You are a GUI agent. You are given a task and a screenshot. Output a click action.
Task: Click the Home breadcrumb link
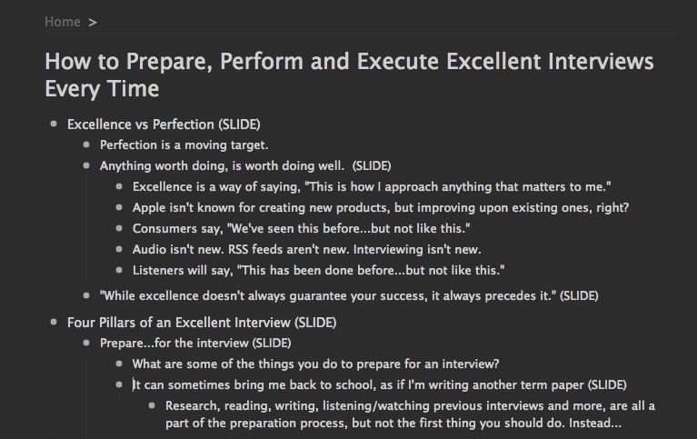tap(62, 22)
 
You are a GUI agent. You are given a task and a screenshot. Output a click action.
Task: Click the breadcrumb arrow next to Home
tap(93, 22)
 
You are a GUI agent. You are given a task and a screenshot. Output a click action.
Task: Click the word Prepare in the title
tap(168, 62)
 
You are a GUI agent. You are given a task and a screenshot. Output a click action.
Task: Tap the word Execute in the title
tap(398, 62)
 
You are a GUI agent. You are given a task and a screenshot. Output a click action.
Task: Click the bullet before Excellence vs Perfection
tap(54, 124)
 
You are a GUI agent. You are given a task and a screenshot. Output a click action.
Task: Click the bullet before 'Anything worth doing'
tap(86, 165)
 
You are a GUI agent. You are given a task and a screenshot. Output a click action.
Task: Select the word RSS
tap(238, 250)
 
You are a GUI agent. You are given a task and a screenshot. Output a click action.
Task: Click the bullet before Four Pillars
tap(54, 322)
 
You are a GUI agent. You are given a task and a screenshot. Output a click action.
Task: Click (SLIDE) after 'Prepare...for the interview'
tap(272, 344)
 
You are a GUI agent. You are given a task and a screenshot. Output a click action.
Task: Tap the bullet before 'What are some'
tap(119, 364)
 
